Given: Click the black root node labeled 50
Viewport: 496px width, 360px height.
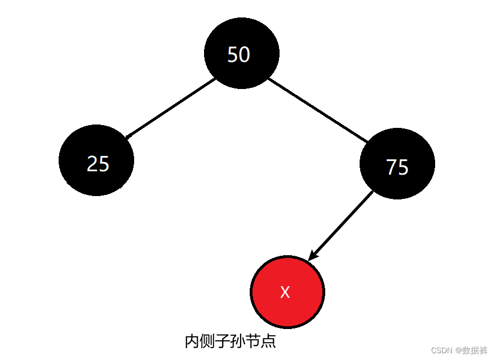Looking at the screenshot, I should pyautogui.click(x=241, y=54).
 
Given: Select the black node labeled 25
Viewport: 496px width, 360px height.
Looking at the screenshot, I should pyautogui.click(x=96, y=160).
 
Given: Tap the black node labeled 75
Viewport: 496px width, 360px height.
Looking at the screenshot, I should pyautogui.click(x=397, y=164).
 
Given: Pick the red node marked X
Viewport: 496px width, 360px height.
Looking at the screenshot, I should pyautogui.click(x=287, y=292).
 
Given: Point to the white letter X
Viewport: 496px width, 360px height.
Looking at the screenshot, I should pyautogui.click(x=285, y=292).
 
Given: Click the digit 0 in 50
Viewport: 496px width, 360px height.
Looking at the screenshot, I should pyautogui.click(x=244, y=55).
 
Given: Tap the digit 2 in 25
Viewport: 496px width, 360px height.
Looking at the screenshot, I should pyautogui.click(x=92, y=164).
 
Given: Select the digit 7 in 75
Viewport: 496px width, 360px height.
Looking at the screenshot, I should pyautogui.click(x=391, y=167).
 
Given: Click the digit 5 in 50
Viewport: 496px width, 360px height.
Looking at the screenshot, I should pyautogui.click(x=232, y=55).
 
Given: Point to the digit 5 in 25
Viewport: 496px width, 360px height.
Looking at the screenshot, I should pyautogui.click(x=104, y=164).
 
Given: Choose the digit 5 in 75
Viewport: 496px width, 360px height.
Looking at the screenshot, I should pyautogui.click(x=403, y=167).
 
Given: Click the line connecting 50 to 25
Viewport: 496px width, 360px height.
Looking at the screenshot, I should pyautogui.click(x=170, y=108).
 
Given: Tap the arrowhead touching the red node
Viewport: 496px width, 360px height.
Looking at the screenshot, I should pyautogui.click(x=312, y=256).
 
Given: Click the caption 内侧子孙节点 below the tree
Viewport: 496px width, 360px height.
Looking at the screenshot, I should pyautogui.click(x=230, y=341).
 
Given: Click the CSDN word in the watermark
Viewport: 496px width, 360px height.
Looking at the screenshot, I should pyautogui.click(x=442, y=350).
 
